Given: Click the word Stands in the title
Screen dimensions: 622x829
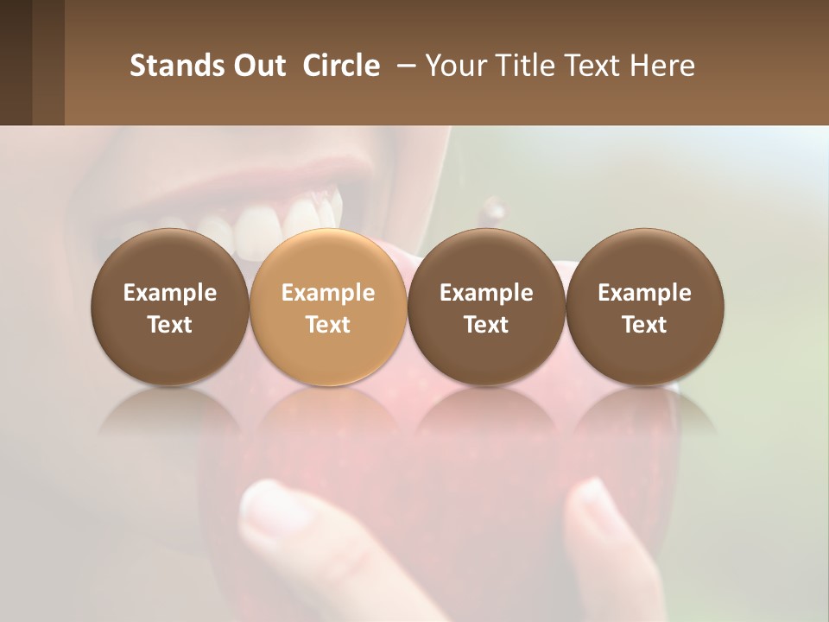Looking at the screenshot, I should point(175,66).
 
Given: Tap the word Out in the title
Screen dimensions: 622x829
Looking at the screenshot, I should point(257,66).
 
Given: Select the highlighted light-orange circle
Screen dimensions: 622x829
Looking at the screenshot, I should point(328,307).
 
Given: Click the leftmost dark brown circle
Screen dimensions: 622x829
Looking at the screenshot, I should point(170,307).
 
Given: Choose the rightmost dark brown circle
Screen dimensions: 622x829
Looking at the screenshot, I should point(645,307).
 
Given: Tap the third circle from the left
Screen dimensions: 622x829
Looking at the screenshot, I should point(486,307).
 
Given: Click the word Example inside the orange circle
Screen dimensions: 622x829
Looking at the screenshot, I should point(328,293).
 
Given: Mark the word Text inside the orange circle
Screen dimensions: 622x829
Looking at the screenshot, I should point(328,325).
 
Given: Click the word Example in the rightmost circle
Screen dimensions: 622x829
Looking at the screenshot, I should point(645,293).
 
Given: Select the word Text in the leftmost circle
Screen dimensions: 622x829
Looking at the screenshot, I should point(170,325).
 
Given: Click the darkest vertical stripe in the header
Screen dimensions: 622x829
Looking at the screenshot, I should point(16,62).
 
